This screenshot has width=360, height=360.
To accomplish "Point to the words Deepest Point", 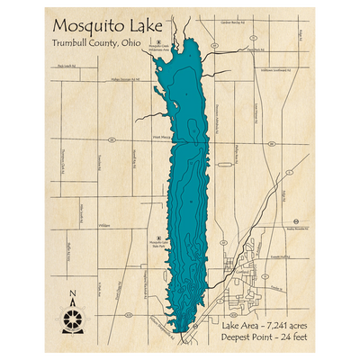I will click(x=239, y=337).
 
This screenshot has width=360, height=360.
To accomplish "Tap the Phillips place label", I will click(x=104, y=226).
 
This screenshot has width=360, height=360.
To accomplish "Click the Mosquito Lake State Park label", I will click(x=158, y=242).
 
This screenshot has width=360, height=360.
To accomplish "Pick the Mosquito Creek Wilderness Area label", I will click(x=159, y=52).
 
